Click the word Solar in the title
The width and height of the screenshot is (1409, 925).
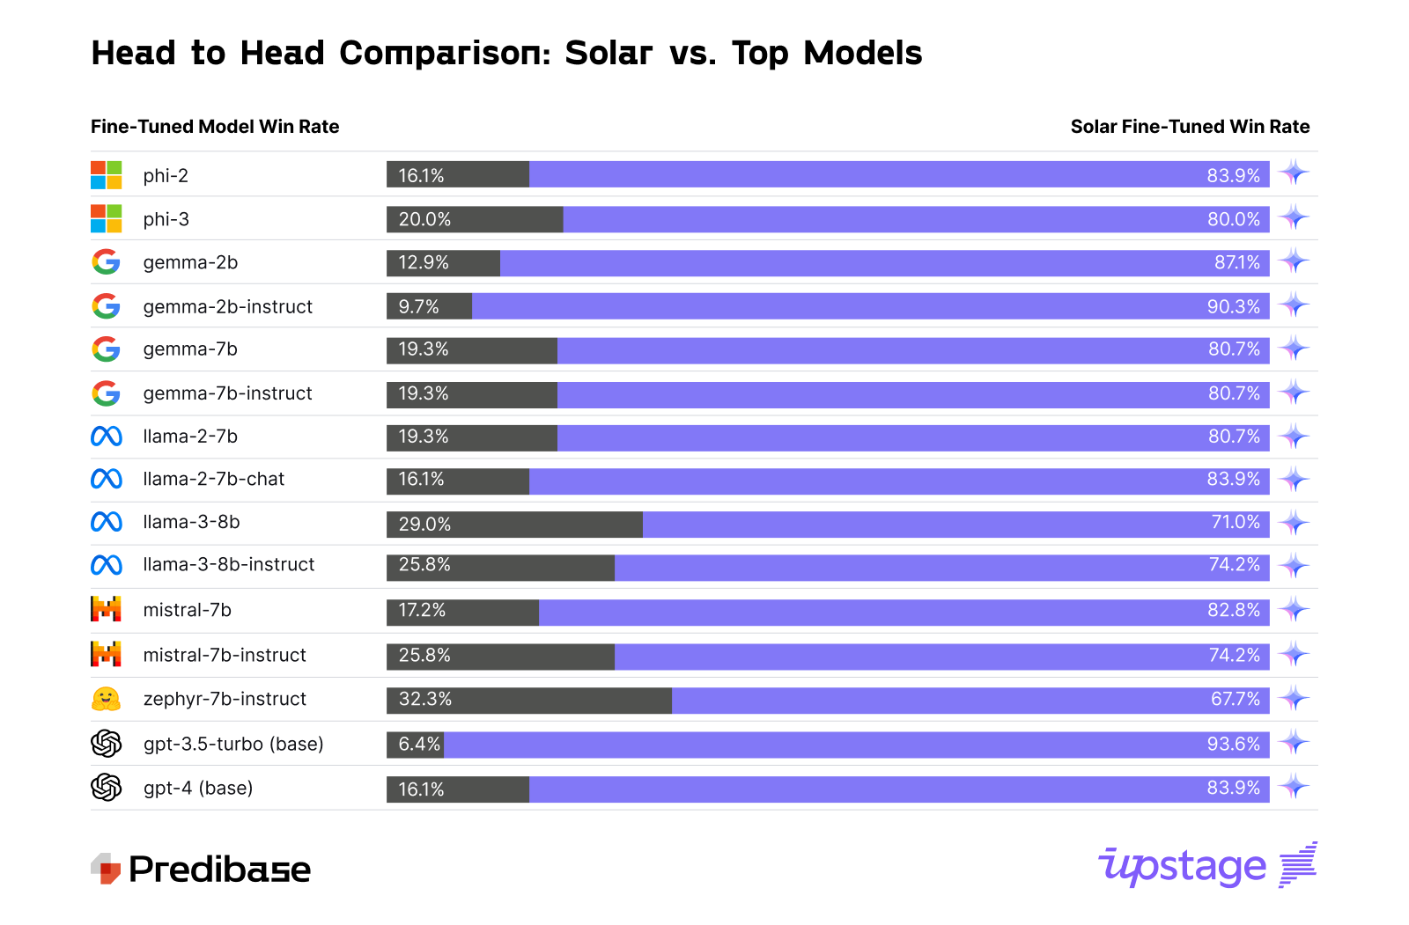[609, 53]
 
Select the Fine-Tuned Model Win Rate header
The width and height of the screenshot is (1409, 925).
[215, 127]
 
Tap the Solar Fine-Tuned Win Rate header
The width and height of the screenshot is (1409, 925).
[1190, 127]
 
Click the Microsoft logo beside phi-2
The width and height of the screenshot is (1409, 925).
[106, 175]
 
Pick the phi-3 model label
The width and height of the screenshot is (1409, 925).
[166, 219]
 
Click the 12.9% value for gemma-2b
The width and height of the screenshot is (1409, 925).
[424, 262]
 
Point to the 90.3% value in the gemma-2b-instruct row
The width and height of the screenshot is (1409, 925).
[1233, 306]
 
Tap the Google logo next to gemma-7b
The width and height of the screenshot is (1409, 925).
[106, 349]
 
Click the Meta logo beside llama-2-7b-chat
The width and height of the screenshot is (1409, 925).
[106, 479]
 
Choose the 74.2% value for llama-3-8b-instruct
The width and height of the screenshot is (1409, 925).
[1234, 564]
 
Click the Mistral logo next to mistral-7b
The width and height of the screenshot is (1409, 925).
[106, 609]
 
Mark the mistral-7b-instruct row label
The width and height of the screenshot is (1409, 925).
[225, 655]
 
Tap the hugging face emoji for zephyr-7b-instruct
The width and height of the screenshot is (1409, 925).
[106, 699]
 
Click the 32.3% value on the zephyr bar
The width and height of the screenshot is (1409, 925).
[425, 699]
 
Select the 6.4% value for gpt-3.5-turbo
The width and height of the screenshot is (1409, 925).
[418, 744]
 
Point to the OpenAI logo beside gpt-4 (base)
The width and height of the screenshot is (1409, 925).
[106, 787]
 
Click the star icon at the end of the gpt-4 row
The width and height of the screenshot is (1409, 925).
[1294, 787]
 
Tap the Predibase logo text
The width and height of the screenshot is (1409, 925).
[219, 870]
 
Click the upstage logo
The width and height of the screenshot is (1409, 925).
[1206, 866]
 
